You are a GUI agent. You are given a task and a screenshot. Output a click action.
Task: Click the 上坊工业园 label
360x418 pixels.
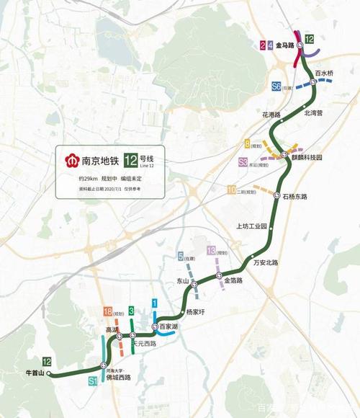[x=251, y=226]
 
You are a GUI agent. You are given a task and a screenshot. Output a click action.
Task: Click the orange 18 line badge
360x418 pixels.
[x=108, y=311]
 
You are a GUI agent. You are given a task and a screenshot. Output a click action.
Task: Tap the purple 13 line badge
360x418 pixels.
[x=211, y=250]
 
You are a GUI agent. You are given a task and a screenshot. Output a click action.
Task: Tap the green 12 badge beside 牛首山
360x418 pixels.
[x=47, y=360]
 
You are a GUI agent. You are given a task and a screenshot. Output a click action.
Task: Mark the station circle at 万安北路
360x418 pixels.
[x=251, y=257]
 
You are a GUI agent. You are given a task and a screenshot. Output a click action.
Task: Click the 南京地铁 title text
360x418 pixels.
[x=100, y=160]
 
